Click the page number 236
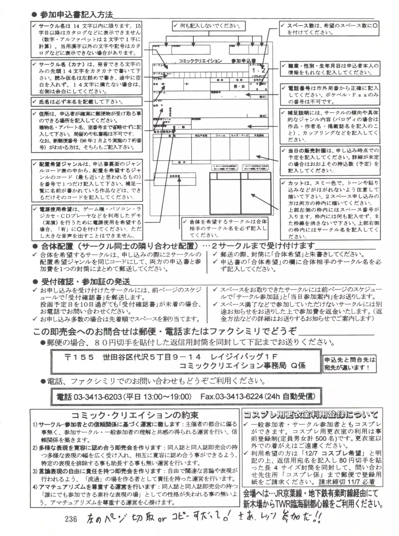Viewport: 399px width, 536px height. click(x=71, y=519)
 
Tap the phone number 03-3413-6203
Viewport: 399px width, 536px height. click(x=98, y=397)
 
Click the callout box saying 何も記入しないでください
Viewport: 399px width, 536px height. click(x=209, y=26)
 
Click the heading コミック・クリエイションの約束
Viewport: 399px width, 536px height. click(x=135, y=415)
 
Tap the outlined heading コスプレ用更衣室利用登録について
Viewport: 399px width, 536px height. click(x=310, y=414)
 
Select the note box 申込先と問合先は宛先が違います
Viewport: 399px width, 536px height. click(x=349, y=364)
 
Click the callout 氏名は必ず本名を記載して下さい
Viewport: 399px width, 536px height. click(x=86, y=102)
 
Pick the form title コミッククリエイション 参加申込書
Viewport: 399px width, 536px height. click(x=217, y=61)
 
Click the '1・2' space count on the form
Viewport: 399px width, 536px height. click(x=258, y=70)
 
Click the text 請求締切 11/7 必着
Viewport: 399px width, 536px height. click(x=346, y=482)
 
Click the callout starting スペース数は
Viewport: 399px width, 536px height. click(x=329, y=29)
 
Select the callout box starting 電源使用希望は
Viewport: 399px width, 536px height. click(x=87, y=222)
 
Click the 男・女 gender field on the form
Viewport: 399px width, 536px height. click(x=239, y=87)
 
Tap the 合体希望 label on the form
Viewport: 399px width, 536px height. click(x=175, y=176)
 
